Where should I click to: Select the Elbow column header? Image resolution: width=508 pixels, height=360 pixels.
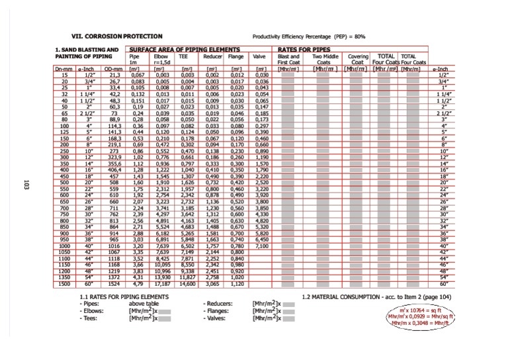[x=159, y=58]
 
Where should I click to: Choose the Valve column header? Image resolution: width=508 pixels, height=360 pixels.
[x=259, y=58]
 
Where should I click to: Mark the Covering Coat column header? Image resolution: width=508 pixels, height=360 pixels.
[x=358, y=60]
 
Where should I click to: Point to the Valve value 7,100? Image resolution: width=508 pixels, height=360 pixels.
[x=261, y=246]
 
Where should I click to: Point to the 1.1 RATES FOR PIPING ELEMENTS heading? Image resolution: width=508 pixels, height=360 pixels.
[x=124, y=296]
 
